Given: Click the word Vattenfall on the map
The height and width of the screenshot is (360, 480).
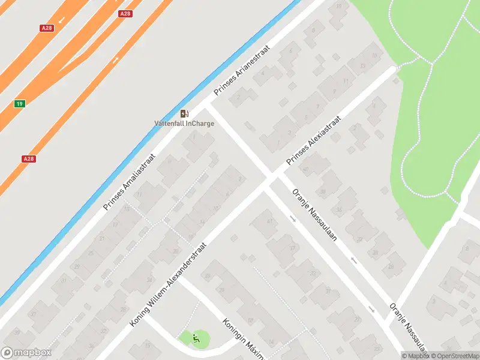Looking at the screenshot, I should click(169, 124).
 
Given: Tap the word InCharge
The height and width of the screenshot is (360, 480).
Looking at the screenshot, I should click(200, 124).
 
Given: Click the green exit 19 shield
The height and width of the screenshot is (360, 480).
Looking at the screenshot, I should click(20, 104).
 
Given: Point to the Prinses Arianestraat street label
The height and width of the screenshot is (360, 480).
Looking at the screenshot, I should click(242, 72).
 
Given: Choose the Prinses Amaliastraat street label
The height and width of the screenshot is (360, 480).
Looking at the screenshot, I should click(129, 182).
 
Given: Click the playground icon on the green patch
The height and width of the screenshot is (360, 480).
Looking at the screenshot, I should click(196, 339).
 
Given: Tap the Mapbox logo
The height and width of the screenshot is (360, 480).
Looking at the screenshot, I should click(26, 353).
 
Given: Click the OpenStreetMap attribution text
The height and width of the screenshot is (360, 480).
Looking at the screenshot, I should click(454, 356).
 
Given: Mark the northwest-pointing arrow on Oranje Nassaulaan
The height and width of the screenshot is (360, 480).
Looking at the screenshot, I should click(353, 260).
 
